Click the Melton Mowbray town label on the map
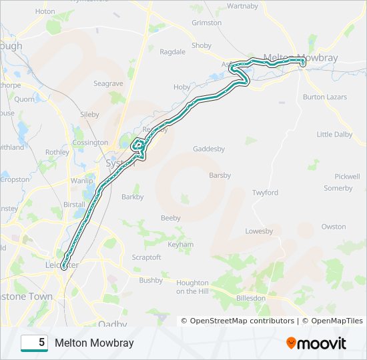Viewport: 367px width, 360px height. click(300, 58)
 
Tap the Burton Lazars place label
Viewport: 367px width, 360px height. click(325, 97)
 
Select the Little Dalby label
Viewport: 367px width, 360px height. click(334, 135)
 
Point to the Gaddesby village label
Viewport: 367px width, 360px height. click(209, 149)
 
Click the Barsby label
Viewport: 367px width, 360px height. click(220, 176)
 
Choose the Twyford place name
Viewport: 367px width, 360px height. click(265, 193)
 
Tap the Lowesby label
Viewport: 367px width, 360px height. click(259, 231)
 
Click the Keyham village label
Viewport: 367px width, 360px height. click(181, 245)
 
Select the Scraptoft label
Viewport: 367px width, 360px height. click(146, 257)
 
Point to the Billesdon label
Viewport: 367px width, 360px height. click(251, 298)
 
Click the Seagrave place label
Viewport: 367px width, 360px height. click(108, 84)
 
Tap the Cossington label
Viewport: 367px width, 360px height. click(90, 143)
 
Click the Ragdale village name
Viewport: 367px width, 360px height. click(172, 52)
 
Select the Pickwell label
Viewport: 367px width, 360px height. click(347, 177)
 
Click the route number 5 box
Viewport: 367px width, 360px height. click(34, 343)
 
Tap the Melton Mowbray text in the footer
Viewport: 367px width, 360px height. click(94, 343)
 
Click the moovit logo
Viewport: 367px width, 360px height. click(316, 343)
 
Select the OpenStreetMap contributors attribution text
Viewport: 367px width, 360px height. click(242, 321)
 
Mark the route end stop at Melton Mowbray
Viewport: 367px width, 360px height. click(302, 63)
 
